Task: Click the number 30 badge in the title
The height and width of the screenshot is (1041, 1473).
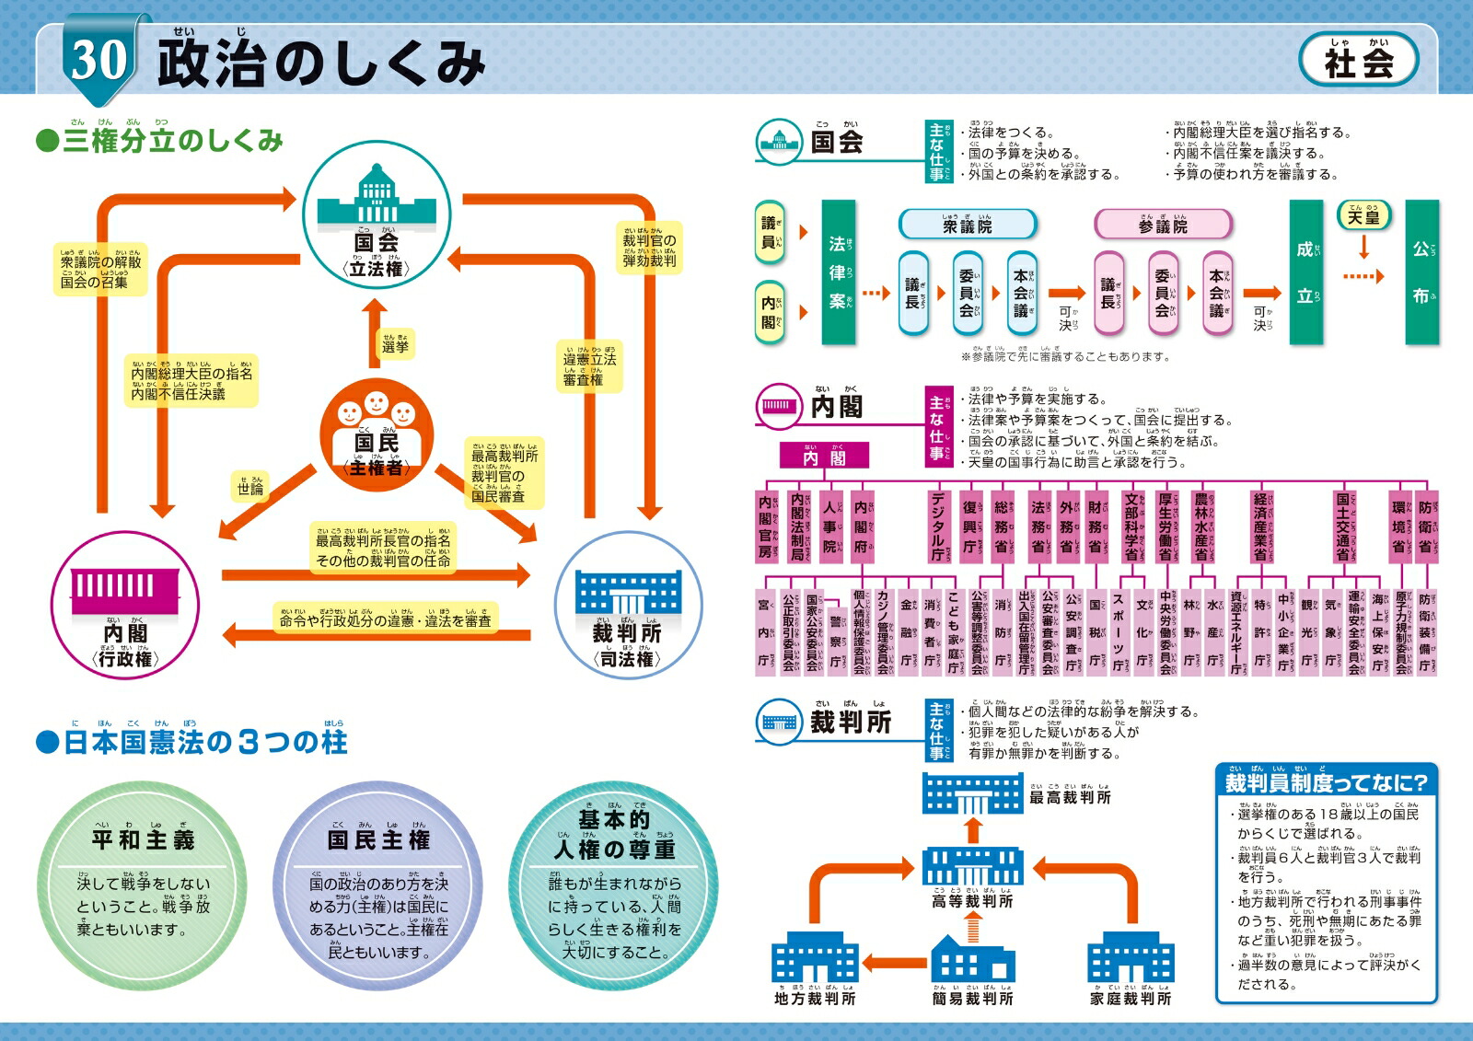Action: click(x=99, y=60)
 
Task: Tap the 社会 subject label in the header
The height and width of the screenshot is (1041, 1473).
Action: click(x=1358, y=61)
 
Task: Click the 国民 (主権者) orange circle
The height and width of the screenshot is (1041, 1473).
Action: click(x=377, y=434)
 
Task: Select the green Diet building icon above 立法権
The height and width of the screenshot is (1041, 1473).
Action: click(x=377, y=195)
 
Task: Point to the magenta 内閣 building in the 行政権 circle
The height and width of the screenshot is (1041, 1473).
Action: click(x=125, y=589)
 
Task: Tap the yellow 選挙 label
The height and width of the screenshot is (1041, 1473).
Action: click(x=396, y=345)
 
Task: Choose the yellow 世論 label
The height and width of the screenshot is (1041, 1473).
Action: click(x=250, y=487)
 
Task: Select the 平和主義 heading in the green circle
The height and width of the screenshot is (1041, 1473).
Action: click(x=143, y=839)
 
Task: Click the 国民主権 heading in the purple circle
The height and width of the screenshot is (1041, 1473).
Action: click(x=378, y=839)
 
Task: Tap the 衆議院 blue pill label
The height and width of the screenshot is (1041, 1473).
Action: click(x=968, y=225)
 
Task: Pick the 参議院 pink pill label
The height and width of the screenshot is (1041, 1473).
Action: click(x=1163, y=225)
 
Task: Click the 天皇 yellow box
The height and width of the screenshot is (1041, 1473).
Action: click(x=1363, y=216)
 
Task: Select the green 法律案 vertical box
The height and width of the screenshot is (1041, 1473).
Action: click(x=838, y=272)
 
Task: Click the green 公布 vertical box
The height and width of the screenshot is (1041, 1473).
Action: click(x=1422, y=272)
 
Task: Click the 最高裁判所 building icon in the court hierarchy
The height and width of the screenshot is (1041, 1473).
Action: click(x=972, y=793)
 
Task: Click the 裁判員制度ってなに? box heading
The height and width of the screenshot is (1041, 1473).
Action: click(x=1326, y=782)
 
